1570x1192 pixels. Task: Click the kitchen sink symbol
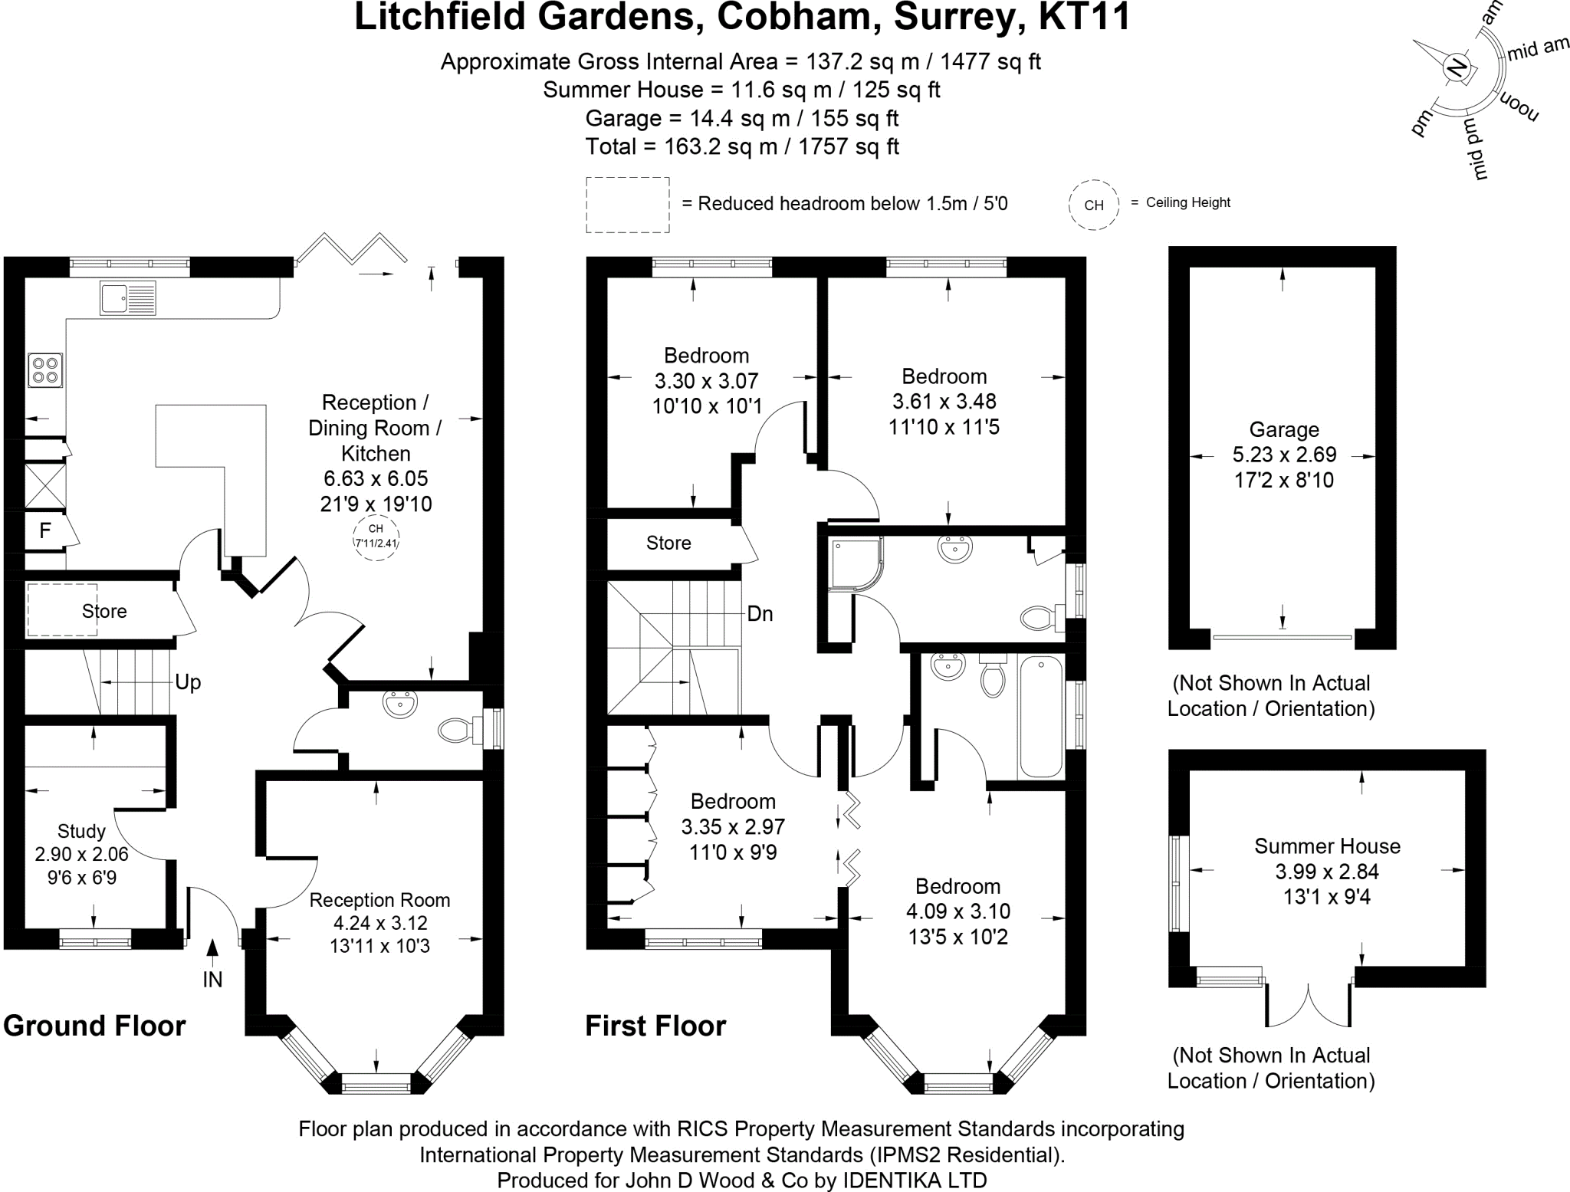point(127,297)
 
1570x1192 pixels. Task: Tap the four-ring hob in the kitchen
point(45,370)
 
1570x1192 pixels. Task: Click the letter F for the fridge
point(45,530)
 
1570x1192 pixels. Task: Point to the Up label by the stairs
point(188,682)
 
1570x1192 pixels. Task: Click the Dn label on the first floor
point(760,614)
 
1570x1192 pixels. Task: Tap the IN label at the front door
point(212,979)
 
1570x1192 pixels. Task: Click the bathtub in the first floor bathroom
point(1040,716)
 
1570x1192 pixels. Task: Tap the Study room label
point(81,831)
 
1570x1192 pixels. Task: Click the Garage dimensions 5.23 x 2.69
point(1284,455)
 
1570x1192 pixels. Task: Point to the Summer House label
point(1327,846)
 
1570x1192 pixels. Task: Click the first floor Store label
point(668,543)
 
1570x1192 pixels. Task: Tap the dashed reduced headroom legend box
point(627,205)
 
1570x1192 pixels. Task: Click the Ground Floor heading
point(94,1026)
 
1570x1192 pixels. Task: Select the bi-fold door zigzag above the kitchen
point(352,248)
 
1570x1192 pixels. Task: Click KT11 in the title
point(1084,17)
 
